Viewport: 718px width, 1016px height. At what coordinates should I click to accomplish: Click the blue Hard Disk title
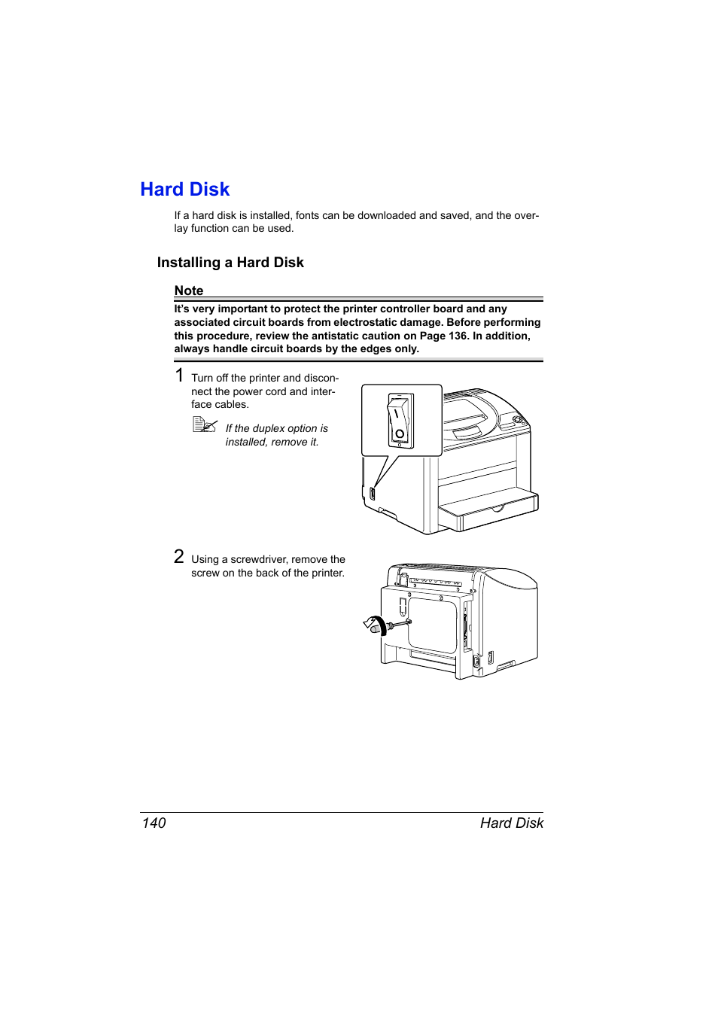click(184, 190)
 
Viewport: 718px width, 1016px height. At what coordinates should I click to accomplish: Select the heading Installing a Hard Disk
click(230, 263)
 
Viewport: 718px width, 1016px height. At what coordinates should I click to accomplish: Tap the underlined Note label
click(189, 291)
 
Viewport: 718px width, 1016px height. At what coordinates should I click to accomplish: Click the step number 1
click(179, 375)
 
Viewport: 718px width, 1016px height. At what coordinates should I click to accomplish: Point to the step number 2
click(179, 556)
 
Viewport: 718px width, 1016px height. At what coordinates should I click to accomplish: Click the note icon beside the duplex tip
click(204, 425)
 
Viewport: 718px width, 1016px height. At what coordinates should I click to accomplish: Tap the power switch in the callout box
click(400, 419)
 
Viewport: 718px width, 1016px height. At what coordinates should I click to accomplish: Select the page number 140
click(154, 823)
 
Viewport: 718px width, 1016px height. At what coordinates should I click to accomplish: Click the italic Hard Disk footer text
click(511, 823)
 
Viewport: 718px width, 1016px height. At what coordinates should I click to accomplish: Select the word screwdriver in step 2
click(259, 560)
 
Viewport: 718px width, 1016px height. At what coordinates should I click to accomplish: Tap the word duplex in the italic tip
click(269, 429)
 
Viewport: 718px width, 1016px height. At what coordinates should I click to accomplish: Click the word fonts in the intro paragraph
click(307, 216)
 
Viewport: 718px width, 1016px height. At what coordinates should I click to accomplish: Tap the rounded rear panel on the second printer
click(432, 625)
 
